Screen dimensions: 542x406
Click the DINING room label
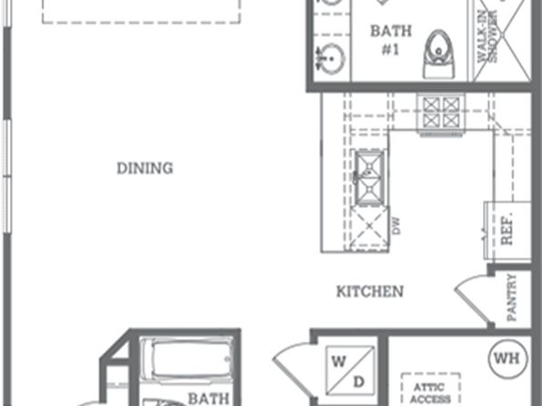(145, 168)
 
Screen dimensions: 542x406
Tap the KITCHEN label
(370, 291)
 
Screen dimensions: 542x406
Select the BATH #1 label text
(391, 40)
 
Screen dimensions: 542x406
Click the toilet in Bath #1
(438, 54)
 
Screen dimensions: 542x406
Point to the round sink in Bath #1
(331, 59)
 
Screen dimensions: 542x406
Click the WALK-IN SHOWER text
(487, 37)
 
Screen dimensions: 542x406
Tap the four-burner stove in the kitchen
(441, 113)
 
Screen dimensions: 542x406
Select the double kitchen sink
(369, 178)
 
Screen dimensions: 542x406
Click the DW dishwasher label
(396, 226)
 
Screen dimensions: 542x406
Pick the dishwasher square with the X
(369, 227)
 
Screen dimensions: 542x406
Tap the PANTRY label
(512, 298)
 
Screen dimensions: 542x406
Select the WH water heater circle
(507, 359)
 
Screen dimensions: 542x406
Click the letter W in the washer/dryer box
(338, 361)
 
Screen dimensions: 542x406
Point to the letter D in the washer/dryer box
(359, 381)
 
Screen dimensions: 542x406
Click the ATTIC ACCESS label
(430, 393)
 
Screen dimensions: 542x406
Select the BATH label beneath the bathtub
(208, 399)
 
